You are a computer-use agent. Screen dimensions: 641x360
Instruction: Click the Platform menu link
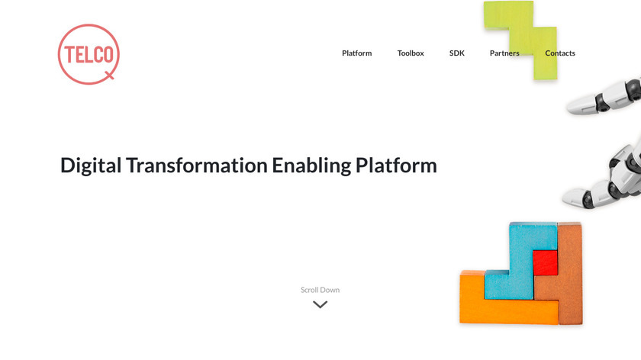click(x=357, y=53)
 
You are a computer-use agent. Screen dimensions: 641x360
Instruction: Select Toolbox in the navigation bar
click(x=411, y=53)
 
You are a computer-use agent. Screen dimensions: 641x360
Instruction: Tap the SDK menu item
click(x=456, y=53)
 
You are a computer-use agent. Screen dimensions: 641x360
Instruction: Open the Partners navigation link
click(x=504, y=53)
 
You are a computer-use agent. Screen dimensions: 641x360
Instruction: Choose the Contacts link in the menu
click(x=560, y=53)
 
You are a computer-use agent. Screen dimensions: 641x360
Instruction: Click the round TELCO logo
click(x=89, y=54)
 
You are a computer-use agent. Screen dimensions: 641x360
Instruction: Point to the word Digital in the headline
click(x=91, y=166)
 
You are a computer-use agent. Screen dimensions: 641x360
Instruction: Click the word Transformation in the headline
click(x=197, y=165)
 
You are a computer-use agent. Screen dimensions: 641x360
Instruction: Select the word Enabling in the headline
click(x=311, y=166)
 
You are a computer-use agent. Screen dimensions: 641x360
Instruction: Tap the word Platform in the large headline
click(x=396, y=165)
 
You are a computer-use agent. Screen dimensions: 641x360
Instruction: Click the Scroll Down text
click(x=320, y=290)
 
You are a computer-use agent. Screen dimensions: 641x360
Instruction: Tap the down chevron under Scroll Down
click(x=320, y=304)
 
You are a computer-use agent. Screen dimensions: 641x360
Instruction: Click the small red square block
click(x=546, y=262)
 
